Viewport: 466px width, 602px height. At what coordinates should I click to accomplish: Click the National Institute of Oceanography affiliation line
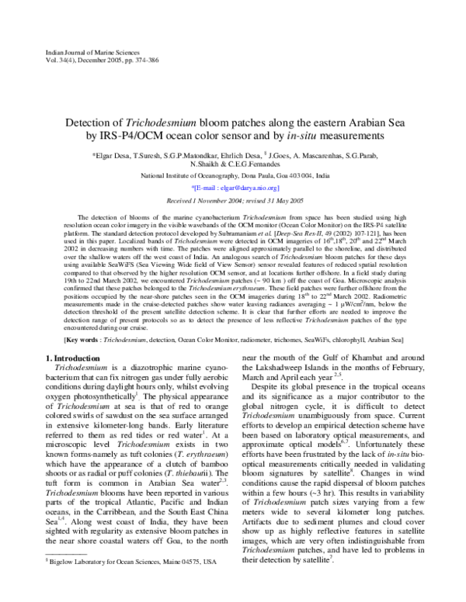pos(232,176)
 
